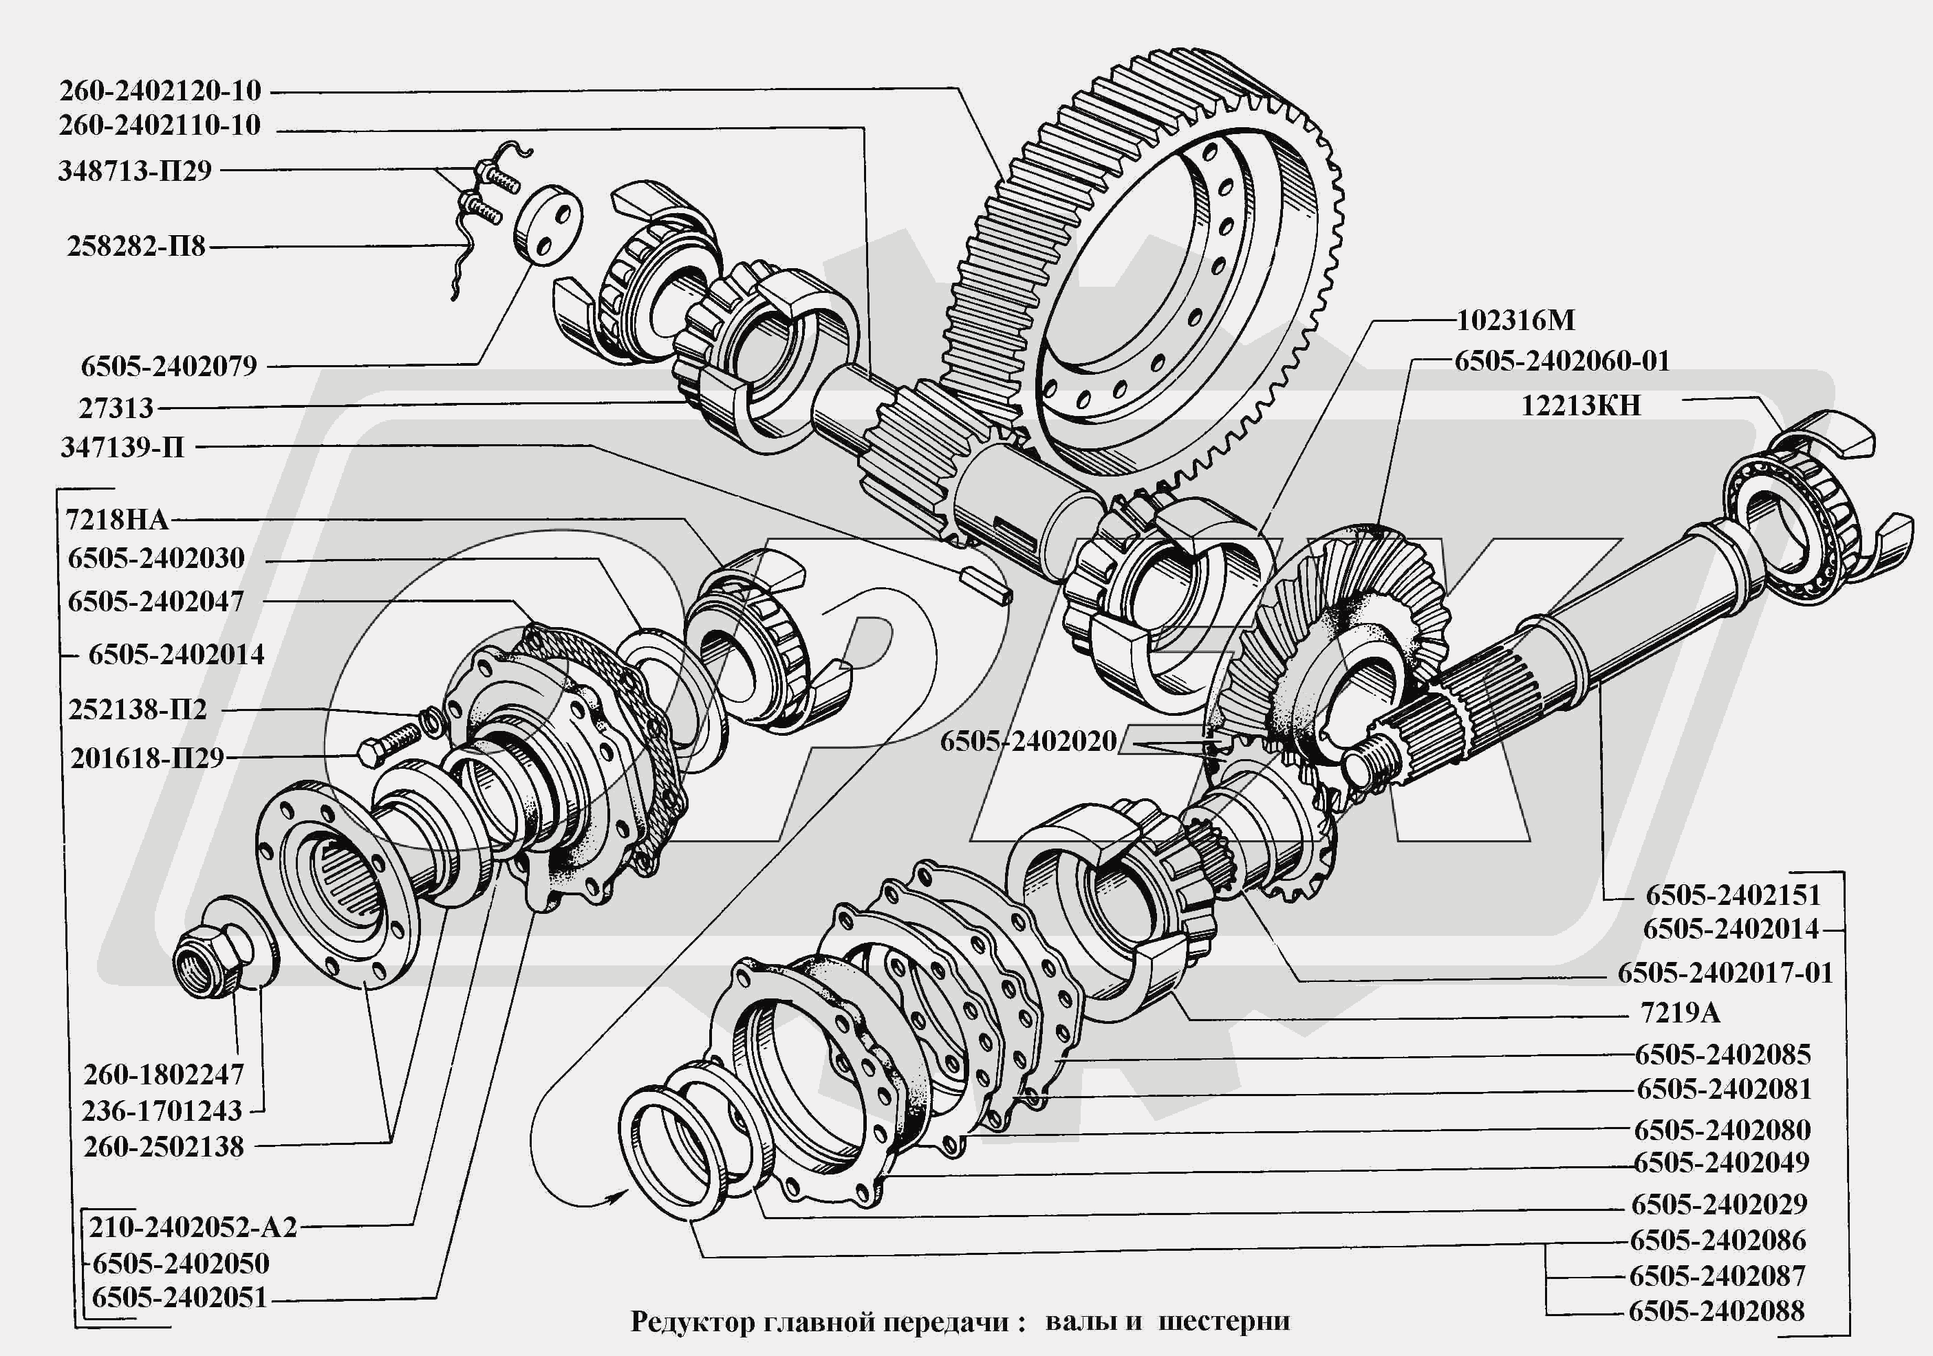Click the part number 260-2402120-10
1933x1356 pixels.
[x=160, y=91]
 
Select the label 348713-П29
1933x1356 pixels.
[x=135, y=171]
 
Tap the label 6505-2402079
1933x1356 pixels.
[x=169, y=366]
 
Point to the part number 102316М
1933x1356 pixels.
[x=1515, y=320]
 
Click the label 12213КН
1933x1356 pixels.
[x=1580, y=406]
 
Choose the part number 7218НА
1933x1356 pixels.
[x=117, y=519]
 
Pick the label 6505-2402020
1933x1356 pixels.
[x=1028, y=741]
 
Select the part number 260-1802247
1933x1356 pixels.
[x=163, y=1075]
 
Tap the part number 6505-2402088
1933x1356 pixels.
[x=1716, y=1311]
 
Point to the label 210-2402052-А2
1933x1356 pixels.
[x=193, y=1227]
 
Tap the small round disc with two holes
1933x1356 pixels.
[x=548, y=225]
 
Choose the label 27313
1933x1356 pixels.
[x=116, y=408]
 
